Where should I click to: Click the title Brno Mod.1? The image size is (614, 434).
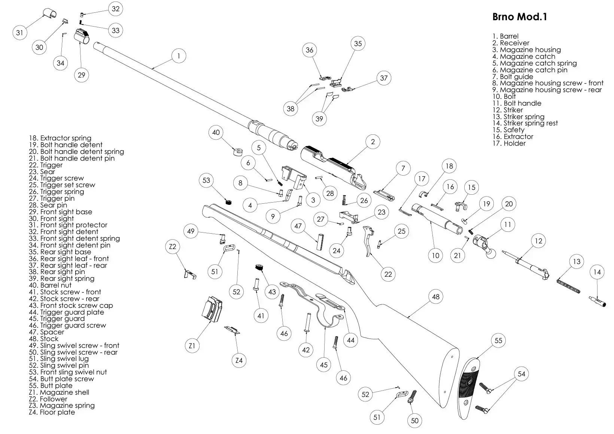click(519, 17)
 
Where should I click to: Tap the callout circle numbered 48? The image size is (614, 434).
click(435, 297)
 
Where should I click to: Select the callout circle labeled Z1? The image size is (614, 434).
click(192, 346)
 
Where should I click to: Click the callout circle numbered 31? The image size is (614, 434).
click(20, 33)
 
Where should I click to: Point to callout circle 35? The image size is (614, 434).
click(358, 43)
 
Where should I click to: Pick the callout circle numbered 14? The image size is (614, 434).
click(597, 272)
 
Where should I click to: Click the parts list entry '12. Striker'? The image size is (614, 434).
click(508, 110)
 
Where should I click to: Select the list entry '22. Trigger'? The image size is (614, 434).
click(46, 165)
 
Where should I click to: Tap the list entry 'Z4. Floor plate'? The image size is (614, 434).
click(52, 412)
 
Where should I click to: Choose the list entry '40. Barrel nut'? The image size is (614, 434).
click(50, 285)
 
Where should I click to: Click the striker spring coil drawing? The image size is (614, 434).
click(568, 286)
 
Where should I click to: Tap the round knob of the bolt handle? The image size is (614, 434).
click(491, 254)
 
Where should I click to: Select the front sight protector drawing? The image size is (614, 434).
click(50, 13)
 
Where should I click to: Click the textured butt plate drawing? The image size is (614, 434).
click(469, 388)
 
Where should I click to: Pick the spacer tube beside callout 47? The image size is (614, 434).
click(320, 242)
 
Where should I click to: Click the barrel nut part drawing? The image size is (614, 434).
click(238, 151)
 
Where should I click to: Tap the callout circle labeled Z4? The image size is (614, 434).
click(239, 360)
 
